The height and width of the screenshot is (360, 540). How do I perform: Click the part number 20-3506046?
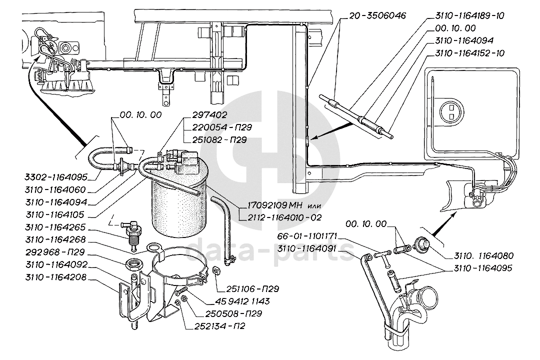tap(378, 16)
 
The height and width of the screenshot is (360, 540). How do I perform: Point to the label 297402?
tap(205, 114)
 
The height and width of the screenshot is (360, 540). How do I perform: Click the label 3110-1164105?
tap(55, 214)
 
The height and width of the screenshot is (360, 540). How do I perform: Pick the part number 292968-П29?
tap(55, 252)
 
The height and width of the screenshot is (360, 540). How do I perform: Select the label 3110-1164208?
tap(56, 277)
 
